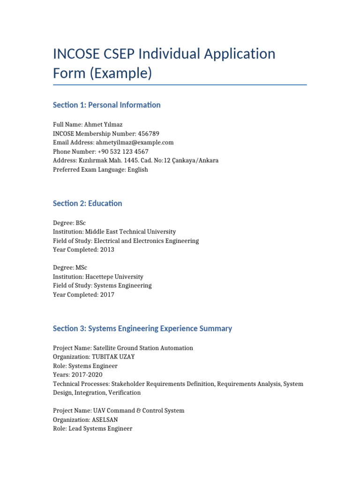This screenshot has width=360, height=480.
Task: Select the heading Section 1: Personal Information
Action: coord(107,105)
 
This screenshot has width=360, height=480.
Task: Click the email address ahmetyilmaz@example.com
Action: coord(134,142)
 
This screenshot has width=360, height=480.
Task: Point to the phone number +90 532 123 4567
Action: coord(123,151)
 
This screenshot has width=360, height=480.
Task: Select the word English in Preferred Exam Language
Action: coord(135,170)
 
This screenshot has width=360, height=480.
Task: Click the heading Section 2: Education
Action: coord(88,203)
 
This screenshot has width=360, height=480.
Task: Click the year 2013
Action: coord(106,250)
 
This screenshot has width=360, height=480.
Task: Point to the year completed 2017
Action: coord(106,295)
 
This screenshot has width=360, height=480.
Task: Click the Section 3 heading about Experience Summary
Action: coord(142,329)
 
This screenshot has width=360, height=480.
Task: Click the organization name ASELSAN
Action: coord(105,420)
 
